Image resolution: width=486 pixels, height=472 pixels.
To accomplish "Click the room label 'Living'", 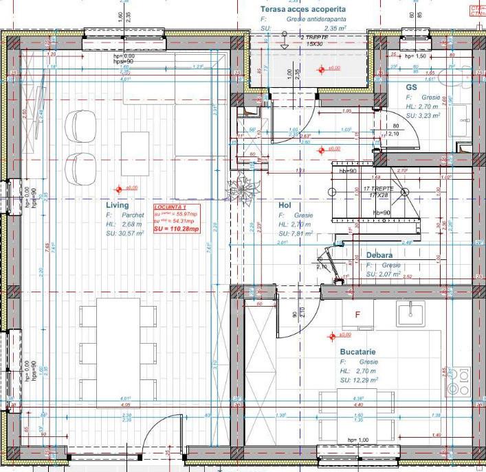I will [117, 205].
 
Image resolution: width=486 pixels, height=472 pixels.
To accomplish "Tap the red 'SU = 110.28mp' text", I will [176, 228].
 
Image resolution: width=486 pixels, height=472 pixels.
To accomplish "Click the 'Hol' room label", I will [285, 205].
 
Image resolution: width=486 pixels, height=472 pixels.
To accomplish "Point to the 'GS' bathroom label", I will [411, 88].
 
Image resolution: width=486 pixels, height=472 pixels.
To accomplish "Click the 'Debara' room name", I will [379, 255].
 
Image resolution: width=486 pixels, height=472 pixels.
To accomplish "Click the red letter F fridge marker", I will [357, 315].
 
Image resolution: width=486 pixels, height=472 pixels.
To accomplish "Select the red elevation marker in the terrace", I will [320, 69].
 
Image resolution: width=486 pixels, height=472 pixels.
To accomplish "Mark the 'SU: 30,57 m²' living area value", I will [124, 233].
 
